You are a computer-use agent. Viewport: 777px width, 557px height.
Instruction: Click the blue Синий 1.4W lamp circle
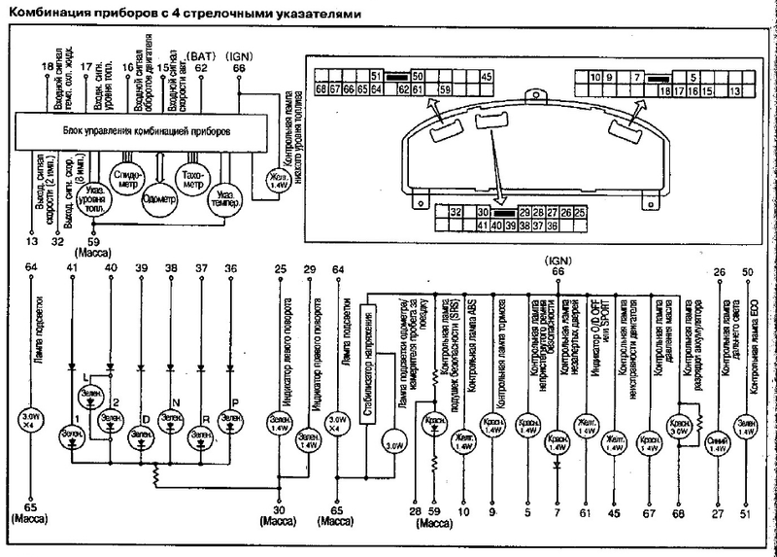(718, 443)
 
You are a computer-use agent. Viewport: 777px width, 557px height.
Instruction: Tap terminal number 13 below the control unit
(31, 239)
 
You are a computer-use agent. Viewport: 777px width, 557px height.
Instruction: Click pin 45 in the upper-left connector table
(487, 76)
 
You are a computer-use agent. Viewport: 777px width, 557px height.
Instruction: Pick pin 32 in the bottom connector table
(455, 212)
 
